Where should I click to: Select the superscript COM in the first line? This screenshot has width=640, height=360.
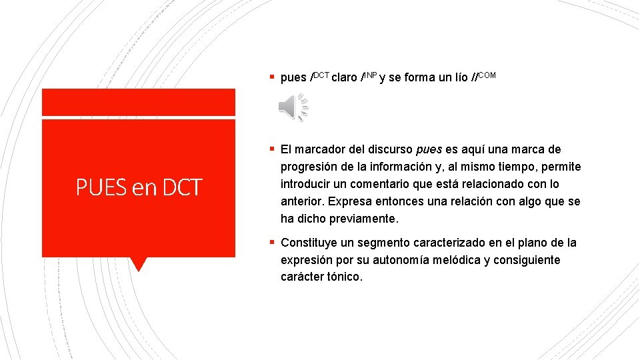pos(487,75)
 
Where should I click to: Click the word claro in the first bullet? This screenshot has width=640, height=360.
pos(345,78)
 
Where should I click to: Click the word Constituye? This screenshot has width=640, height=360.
pos(311,243)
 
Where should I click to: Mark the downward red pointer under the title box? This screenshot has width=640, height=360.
pos(139,264)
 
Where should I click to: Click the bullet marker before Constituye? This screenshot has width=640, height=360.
pos(273,243)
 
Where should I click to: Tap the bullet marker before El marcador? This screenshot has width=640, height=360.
pos(273,149)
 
